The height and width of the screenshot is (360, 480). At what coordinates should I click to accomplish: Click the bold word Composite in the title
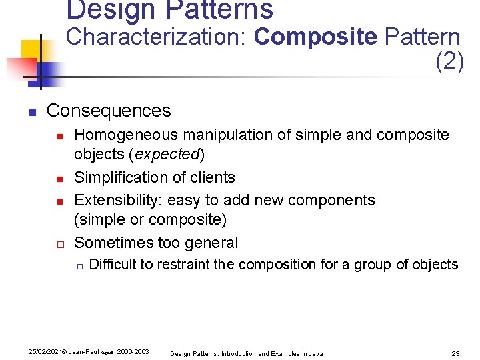[315, 37]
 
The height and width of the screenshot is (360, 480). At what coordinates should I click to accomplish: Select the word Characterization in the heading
[157, 37]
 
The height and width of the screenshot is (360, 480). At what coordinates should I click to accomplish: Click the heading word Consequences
[109, 111]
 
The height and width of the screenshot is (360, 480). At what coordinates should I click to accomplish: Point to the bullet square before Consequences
[31, 111]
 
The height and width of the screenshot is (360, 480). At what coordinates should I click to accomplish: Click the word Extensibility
[118, 200]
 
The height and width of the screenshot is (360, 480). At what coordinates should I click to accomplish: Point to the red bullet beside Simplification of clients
[59, 179]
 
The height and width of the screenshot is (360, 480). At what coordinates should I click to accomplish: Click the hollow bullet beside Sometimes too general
[59, 244]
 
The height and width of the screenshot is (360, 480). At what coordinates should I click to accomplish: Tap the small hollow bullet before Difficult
[79, 266]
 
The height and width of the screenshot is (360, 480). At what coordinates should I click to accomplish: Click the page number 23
[456, 353]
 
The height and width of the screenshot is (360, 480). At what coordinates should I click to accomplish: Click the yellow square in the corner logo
[32, 50]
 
